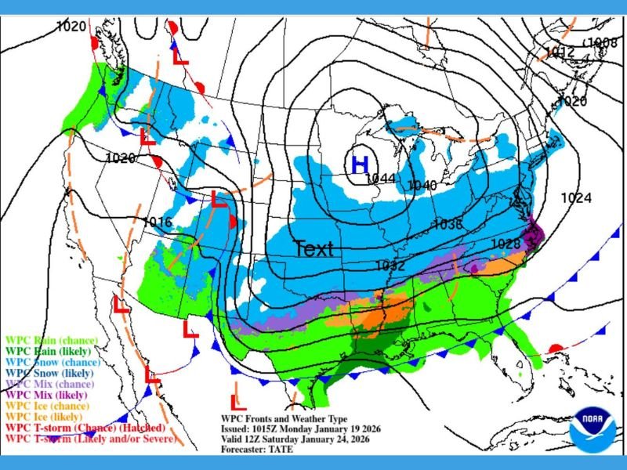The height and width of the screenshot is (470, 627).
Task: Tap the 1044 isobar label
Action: pos(380,179)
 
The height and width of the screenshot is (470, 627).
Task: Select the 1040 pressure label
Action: pos(422,186)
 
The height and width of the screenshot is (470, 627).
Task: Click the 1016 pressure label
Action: pos(157,222)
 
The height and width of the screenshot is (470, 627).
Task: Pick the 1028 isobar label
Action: pos(506,244)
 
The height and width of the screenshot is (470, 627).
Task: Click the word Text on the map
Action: pos(313,249)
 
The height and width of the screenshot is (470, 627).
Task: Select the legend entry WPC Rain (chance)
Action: pos(51,340)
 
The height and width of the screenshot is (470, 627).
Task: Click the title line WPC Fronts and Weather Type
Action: pos(283,420)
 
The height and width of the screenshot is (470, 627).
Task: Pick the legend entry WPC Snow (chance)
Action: pos(52,363)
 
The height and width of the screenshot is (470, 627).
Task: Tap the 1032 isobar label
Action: pos(390,266)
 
